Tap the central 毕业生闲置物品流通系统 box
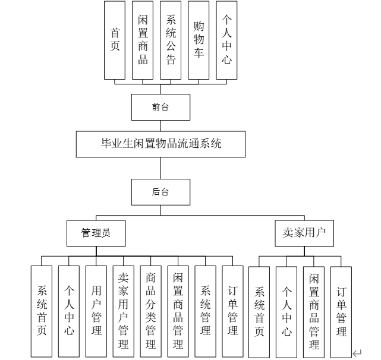click(x=160, y=144)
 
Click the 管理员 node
click(x=96, y=233)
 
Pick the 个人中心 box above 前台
click(x=226, y=40)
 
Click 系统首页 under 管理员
click(x=42, y=310)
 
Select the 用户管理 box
click(x=96, y=310)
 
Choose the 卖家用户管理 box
click(x=124, y=310)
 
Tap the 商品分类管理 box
click(x=151, y=310)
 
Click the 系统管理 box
click(x=206, y=310)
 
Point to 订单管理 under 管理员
click(x=233, y=310)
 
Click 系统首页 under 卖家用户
click(x=259, y=312)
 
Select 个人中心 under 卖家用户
click(x=286, y=312)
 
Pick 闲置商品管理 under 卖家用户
click(x=314, y=312)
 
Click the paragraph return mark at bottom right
click(x=357, y=353)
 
